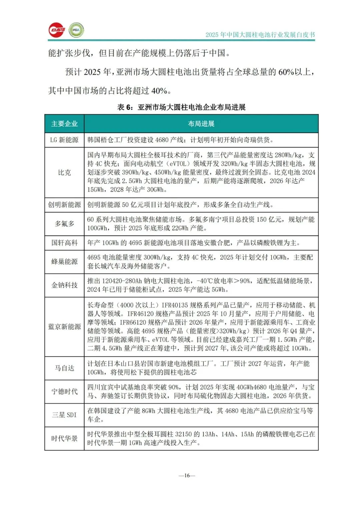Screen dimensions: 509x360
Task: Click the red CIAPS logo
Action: pos(57,30)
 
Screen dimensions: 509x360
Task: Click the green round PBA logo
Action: pos(76,30)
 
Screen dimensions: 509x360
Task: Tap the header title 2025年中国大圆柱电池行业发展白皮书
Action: pos(260,35)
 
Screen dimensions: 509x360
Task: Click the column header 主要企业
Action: pos(64,124)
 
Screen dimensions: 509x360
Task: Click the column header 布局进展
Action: pos(201,124)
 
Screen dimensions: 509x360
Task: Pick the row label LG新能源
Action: pos(64,140)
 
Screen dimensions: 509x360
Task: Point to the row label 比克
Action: pos(64,172)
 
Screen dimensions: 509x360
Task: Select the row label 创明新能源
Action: pos(64,204)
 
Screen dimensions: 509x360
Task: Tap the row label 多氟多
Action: pos(64,224)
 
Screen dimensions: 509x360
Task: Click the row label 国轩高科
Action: pos(64,243)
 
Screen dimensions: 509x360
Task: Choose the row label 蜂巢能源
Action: pos(64,262)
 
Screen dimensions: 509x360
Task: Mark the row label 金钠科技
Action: pos(64,285)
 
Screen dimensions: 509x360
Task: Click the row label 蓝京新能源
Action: pos(64,327)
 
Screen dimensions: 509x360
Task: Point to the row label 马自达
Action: pos(64,368)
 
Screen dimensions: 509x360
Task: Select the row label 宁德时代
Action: pos(64,392)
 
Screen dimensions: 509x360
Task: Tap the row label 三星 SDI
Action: pos(64,415)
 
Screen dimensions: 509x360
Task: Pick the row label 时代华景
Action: pos(64,438)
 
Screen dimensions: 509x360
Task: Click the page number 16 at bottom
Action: pos(187,476)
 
